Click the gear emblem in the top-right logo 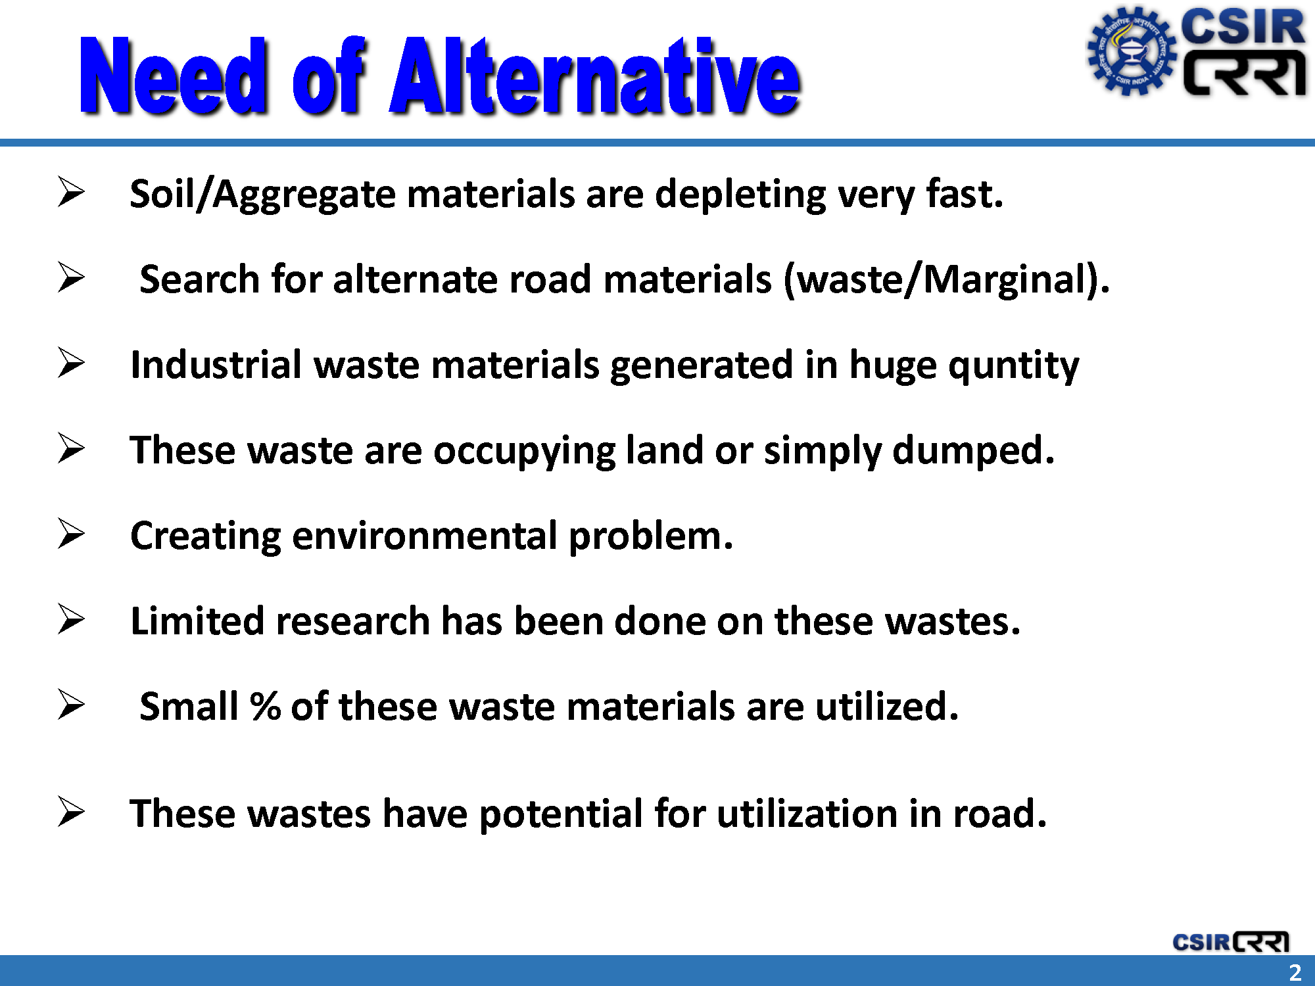click(1131, 51)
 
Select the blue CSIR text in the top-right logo click(1243, 28)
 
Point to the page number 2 click(1295, 972)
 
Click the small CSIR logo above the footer click(1231, 941)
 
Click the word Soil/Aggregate click(262, 195)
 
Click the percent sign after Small click(266, 707)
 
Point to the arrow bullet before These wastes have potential click(71, 811)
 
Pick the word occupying click(524, 452)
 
